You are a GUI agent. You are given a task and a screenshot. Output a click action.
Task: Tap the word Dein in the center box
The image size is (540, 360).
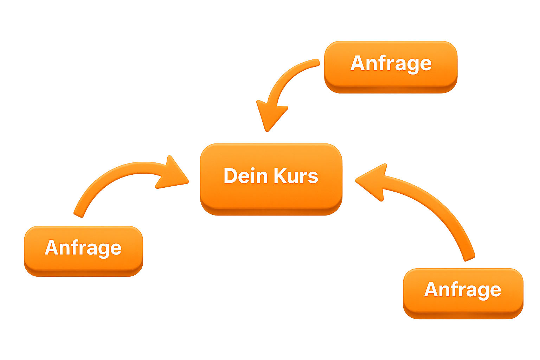(x=246, y=176)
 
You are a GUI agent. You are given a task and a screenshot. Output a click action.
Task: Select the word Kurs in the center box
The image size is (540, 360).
(x=296, y=176)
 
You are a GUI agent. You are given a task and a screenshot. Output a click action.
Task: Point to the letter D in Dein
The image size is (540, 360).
(x=230, y=176)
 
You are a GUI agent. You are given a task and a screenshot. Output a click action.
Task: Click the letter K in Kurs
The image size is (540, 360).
(x=280, y=176)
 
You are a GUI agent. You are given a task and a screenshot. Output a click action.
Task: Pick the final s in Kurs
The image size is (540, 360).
(x=313, y=178)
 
